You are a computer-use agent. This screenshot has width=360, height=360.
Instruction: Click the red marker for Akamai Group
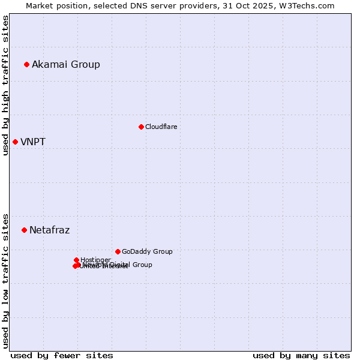27,64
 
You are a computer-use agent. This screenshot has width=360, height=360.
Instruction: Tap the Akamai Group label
66,64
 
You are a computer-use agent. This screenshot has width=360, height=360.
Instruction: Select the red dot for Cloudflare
141,127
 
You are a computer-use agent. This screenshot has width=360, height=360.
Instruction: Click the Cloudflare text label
161,127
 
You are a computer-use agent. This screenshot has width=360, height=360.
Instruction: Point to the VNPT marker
16,142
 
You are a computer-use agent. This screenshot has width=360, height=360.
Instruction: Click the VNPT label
33,142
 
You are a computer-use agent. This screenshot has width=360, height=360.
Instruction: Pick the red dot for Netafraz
25,230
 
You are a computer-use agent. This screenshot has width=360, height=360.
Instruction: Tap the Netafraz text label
50,230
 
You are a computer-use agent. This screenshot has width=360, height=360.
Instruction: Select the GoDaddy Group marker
118,251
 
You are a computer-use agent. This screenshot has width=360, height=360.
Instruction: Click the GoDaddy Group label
147,251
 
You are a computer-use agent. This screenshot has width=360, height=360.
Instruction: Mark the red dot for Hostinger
77,260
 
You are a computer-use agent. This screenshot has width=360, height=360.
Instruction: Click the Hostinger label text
95,260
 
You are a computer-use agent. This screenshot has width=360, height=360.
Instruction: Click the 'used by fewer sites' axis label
62,355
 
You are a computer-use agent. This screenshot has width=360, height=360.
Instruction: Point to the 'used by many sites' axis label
301,355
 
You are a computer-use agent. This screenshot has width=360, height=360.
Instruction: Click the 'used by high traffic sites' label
5,85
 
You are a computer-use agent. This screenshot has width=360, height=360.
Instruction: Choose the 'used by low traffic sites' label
5,280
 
